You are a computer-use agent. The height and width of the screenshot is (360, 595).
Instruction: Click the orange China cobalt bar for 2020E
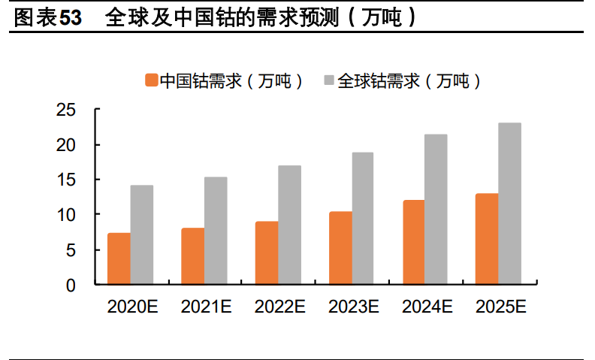pos(119,259)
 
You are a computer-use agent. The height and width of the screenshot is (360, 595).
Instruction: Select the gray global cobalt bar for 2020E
pos(142,235)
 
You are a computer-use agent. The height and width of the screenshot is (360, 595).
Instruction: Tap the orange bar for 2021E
pos(192,256)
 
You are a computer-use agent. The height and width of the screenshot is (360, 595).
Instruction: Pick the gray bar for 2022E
pos(289,225)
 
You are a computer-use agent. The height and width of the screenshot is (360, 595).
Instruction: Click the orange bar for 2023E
pos(340,248)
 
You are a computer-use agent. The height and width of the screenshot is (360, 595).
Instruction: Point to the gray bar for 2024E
pos(436,210)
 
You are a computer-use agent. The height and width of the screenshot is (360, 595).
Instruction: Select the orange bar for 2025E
pos(487,239)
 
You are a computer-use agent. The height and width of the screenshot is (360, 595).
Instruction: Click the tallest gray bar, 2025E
pos(509,204)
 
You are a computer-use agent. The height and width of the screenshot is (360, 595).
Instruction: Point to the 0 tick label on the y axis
pos(71,285)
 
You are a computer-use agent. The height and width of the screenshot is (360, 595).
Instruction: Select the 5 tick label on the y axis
pos(71,250)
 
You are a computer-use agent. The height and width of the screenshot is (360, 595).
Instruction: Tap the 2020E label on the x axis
pos(132,307)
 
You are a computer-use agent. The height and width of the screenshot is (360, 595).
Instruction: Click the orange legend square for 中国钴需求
pos(151,80)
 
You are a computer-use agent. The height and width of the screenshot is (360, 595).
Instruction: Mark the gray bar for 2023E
pos(363,219)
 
